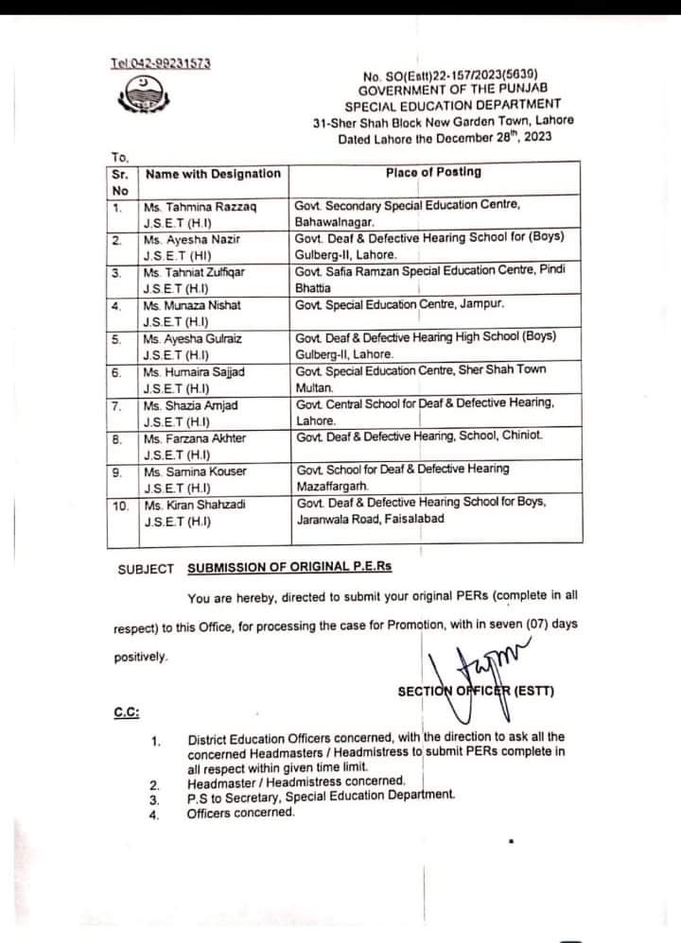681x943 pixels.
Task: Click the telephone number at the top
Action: click(160, 63)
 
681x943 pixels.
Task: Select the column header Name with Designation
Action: click(213, 174)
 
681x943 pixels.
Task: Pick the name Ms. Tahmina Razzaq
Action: click(201, 206)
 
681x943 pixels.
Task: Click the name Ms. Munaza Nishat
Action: click(192, 305)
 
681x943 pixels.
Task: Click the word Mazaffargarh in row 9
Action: click(333, 486)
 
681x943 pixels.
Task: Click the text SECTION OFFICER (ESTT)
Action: click(476, 690)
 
